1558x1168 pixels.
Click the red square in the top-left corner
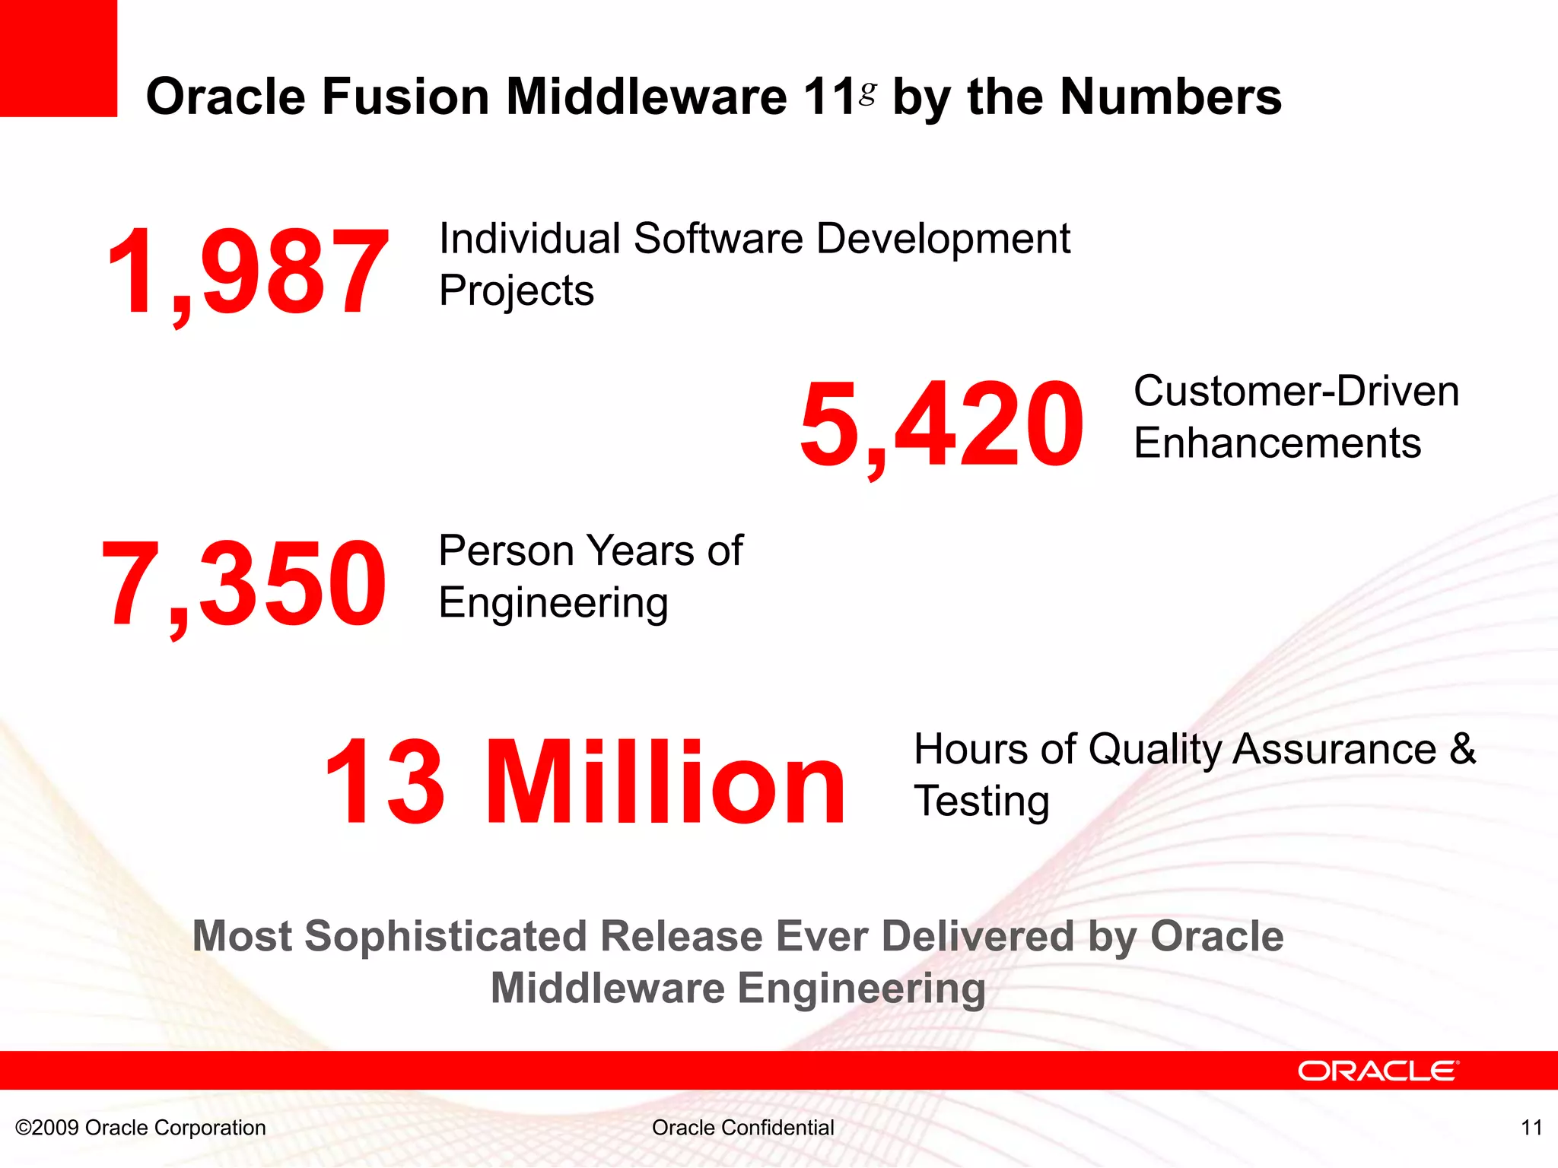pyautogui.click(x=58, y=58)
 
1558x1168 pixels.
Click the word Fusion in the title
pyautogui.click(x=405, y=97)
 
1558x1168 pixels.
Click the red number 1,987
pyautogui.click(x=247, y=272)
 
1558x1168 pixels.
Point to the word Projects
pyautogui.click(x=516, y=291)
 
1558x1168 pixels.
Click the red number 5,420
pyautogui.click(x=942, y=424)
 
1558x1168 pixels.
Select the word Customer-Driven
pyautogui.click(x=1296, y=392)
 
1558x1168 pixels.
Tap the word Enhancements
pyautogui.click(x=1277, y=443)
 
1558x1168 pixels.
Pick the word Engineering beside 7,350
pyautogui.click(x=553, y=603)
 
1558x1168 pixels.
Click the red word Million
pyautogui.click(x=665, y=783)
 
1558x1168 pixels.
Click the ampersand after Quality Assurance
pyautogui.click(x=1461, y=750)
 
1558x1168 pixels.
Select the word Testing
pyautogui.click(x=981, y=802)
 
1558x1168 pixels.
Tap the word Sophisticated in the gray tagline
pyautogui.click(x=445, y=937)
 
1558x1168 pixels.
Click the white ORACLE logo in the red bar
pyautogui.click(x=1378, y=1071)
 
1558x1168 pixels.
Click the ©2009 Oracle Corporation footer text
pyautogui.click(x=141, y=1128)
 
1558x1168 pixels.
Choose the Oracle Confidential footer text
pyautogui.click(x=742, y=1128)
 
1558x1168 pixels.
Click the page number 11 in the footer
pyautogui.click(x=1531, y=1128)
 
